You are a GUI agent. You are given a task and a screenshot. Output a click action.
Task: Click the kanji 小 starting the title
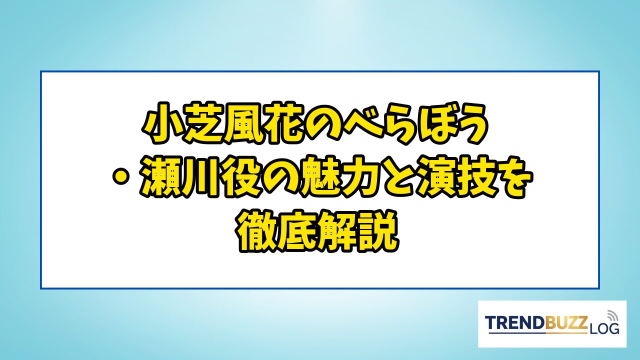[161, 123]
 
